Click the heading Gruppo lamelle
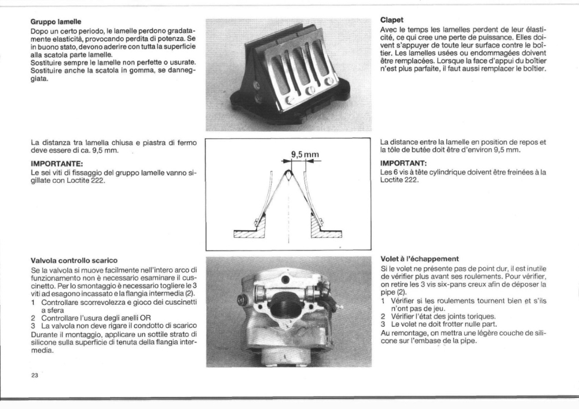(56, 22)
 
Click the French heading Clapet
(392, 20)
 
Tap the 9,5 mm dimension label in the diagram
(305, 154)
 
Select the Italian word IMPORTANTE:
(57, 163)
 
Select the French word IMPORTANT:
(404, 163)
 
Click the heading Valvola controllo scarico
(74, 260)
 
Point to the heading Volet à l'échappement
(420, 259)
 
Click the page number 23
(34, 375)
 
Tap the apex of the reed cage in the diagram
(288, 171)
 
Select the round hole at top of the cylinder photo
(285, 280)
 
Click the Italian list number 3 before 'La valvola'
(33, 326)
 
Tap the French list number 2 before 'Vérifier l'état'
(383, 316)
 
